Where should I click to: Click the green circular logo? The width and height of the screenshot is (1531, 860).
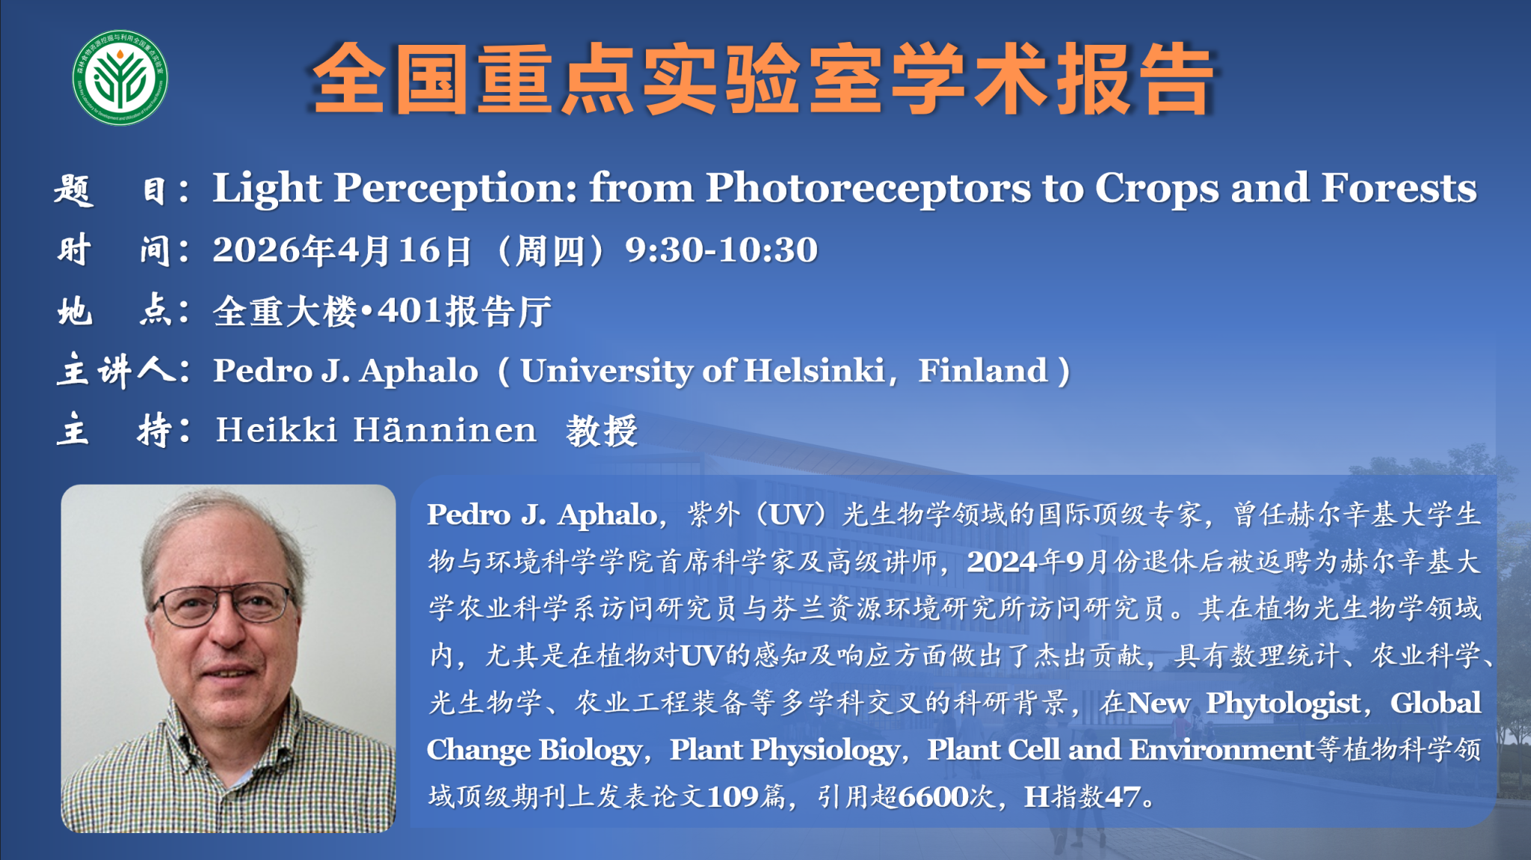pyautogui.click(x=120, y=78)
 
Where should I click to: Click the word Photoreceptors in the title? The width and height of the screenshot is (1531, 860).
pyautogui.click(x=868, y=188)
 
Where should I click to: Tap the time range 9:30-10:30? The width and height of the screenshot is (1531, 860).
pyautogui.click(x=721, y=250)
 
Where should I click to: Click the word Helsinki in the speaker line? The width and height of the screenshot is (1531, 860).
pyautogui.click(x=814, y=370)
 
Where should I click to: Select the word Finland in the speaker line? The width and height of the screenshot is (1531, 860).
pyautogui.click(x=982, y=370)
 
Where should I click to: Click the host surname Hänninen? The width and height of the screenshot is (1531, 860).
pyautogui.click(x=445, y=430)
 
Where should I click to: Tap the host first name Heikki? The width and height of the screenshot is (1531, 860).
pyautogui.click(x=277, y=430)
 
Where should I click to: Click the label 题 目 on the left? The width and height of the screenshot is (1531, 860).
pyautogui.click(x=111, y=189)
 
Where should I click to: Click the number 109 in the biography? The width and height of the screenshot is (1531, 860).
pyautogui.click(x=732, y=797)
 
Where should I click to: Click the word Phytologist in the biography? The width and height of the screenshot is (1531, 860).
pyautogui.click(x=1283, y=704)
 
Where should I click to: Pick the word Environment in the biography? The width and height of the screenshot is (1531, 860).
pyautogui.click(x=1222, y=749)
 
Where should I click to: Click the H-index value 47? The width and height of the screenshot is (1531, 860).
pyautogui.click(x=1122, y=797)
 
